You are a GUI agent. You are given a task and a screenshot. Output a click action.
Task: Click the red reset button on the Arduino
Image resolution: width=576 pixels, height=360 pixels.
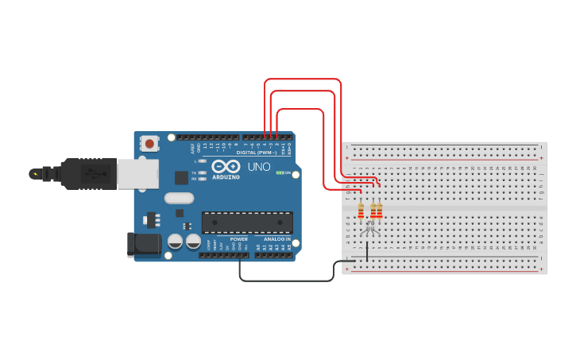[149, 144]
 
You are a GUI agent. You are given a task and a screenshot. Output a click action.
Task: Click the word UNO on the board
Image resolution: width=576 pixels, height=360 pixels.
[259, 167]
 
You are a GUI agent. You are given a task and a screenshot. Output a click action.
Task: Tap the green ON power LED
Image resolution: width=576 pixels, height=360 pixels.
[279, 172]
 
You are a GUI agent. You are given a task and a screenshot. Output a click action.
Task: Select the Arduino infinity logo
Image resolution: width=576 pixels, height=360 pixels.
[226, 167]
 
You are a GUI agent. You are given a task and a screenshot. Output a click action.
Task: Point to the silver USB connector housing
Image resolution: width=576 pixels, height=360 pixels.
[137, 173]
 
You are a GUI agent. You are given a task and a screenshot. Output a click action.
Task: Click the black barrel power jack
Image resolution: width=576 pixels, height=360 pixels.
[144, 245]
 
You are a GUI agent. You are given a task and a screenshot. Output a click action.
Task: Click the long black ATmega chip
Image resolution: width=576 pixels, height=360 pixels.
[246, 223]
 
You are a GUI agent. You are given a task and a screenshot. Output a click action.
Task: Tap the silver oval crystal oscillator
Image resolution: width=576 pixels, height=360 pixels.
[179, 198]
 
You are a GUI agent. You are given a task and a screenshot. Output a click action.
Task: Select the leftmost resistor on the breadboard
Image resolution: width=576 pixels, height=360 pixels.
[361, 211]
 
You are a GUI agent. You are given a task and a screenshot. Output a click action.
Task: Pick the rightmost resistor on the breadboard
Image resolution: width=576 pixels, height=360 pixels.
[380, 211]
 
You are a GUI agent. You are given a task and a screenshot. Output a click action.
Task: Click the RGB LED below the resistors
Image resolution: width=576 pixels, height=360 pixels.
[369, 230]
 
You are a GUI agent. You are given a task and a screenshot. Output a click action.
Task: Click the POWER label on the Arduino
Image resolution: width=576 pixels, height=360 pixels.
[239, 238]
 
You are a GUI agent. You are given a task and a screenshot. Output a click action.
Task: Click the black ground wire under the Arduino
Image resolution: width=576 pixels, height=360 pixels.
[286, 281]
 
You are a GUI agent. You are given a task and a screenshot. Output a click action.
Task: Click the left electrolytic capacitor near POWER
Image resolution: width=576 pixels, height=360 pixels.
[175, 242]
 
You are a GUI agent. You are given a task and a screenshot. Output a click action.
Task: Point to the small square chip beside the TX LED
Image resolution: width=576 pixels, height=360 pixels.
[181, 177]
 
